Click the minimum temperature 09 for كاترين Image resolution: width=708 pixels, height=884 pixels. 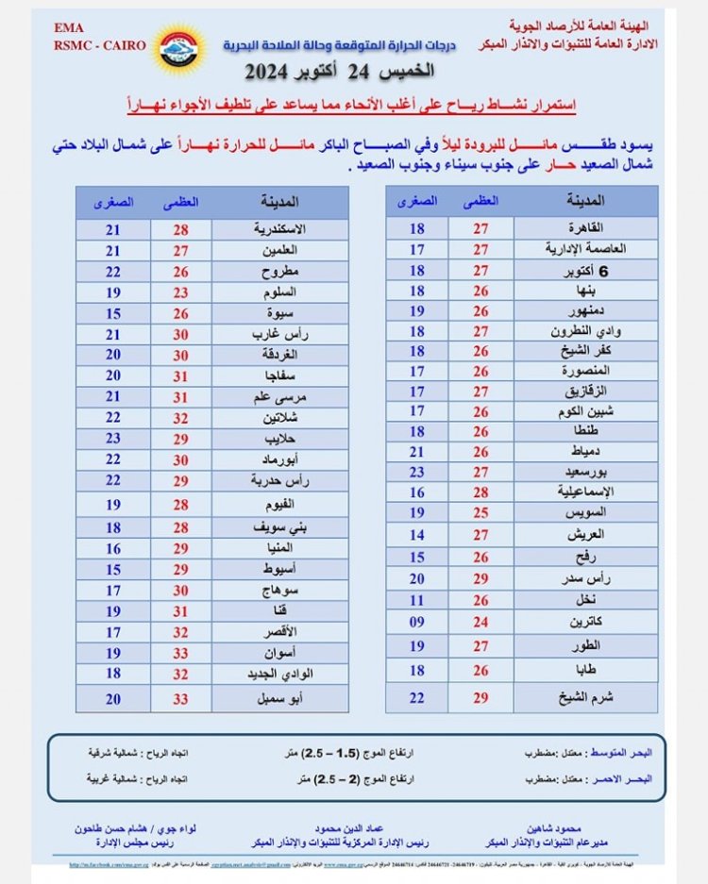417,622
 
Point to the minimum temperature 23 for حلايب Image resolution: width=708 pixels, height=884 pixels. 113,438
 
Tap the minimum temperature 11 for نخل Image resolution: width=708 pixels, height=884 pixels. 417,600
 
